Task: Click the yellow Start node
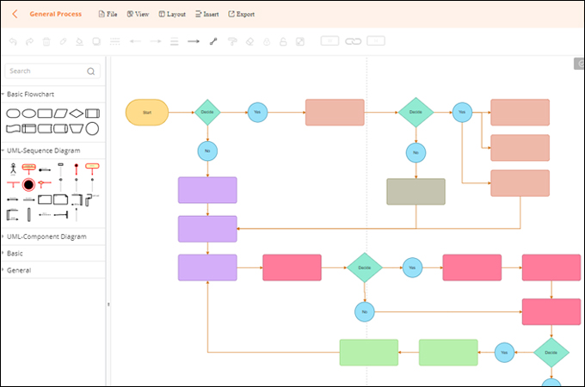147,112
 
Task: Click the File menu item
108,15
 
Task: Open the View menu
138,15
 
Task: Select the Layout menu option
172,15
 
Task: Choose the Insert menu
206,15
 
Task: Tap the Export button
241,15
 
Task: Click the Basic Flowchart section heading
34,93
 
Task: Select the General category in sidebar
19,270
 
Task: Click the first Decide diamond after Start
207,112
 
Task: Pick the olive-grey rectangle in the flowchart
416,192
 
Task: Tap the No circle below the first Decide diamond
207,151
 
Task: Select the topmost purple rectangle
207,190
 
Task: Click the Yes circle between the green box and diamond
505,352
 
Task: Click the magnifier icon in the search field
91,71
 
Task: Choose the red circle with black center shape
28,184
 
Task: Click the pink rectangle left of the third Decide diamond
292,267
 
